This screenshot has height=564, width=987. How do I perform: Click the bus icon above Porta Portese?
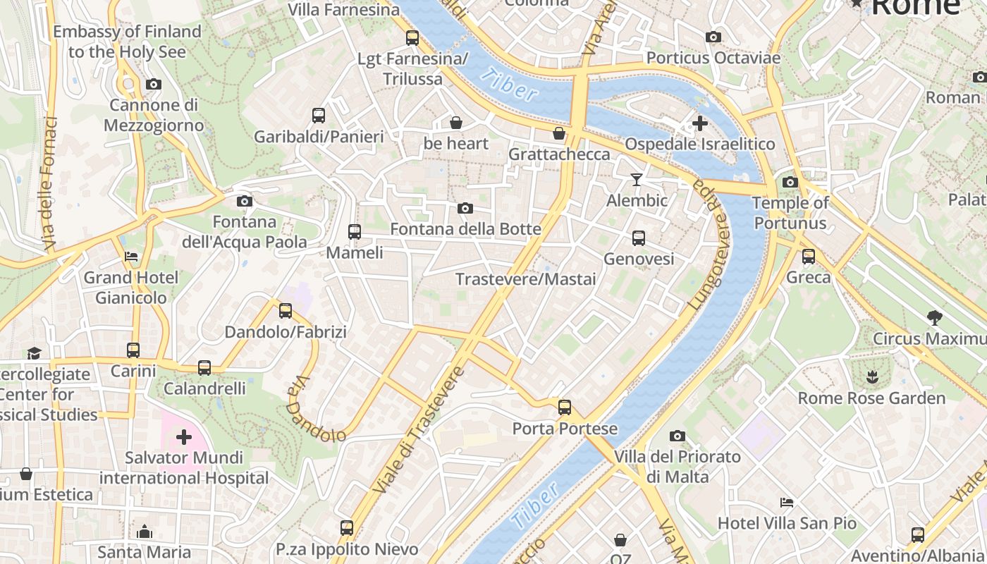[564, 407]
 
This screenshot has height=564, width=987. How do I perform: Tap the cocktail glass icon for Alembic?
[637, 180]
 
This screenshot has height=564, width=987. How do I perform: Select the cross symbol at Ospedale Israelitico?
[699, 123]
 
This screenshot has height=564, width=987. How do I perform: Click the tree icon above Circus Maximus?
[935, 318]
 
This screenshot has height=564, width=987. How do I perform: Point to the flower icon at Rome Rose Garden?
[872, 376]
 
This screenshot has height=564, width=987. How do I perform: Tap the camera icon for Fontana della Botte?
[465, 208]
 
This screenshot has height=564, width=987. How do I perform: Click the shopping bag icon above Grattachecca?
[559, 133]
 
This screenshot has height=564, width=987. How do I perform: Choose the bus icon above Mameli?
[354, 231]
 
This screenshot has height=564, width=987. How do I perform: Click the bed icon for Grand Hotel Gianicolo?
[131, 257]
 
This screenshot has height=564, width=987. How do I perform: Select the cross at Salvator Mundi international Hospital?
[183, 437]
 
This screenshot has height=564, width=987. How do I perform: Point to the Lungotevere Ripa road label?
[709, 243]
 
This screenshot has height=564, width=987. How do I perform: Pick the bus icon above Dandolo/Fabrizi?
[285, 310]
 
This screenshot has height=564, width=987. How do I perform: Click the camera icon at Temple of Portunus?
[790, 183]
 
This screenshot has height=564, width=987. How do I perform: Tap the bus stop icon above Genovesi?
[638, 238]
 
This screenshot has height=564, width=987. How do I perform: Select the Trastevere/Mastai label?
[525, 279]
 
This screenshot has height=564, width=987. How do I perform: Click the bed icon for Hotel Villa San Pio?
[787, 503]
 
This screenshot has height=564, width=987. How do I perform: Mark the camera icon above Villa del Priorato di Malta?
[677, 436]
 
